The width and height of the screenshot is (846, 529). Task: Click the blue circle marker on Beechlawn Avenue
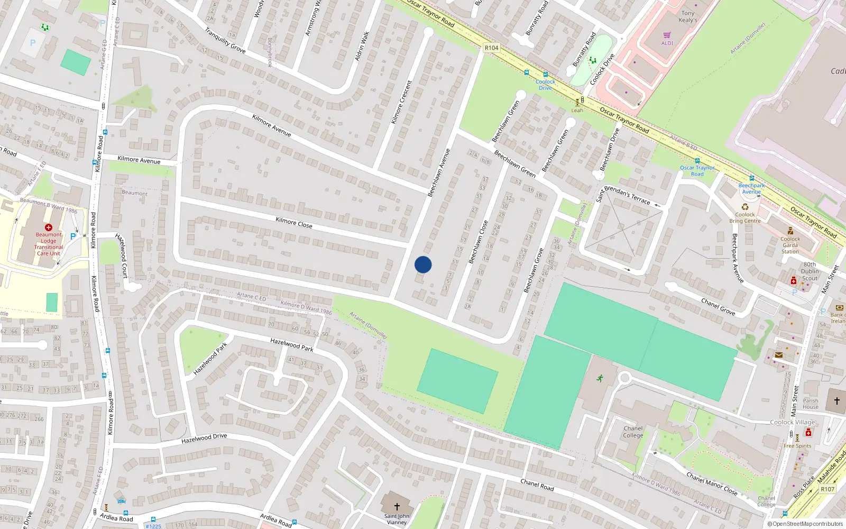[423, 264]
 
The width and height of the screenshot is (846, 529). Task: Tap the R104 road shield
[491, 48]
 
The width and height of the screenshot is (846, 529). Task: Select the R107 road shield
[827, 489]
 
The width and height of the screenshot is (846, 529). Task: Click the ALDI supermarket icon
[667, 35]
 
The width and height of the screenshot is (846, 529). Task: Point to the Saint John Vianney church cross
[397, 507]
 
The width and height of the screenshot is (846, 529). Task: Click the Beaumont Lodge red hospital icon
[49, 227]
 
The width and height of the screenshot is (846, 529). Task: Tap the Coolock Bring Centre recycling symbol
[744, 207]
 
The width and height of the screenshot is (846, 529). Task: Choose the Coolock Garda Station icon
[790, 231]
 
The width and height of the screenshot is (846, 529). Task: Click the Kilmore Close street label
[294, 223]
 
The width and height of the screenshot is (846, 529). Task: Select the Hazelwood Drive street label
[204, 439]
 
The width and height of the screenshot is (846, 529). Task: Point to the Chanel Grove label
[718, 306]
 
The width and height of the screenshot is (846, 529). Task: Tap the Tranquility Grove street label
[225, 41]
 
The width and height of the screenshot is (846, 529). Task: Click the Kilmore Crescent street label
[401, 102]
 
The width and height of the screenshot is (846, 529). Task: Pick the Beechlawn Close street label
[478, 242]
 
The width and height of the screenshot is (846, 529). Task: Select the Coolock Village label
[792, 422]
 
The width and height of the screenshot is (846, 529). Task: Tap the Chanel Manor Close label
[712, 484]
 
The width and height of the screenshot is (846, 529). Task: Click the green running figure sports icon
[600, 378]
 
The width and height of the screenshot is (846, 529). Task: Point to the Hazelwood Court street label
[122, 256]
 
